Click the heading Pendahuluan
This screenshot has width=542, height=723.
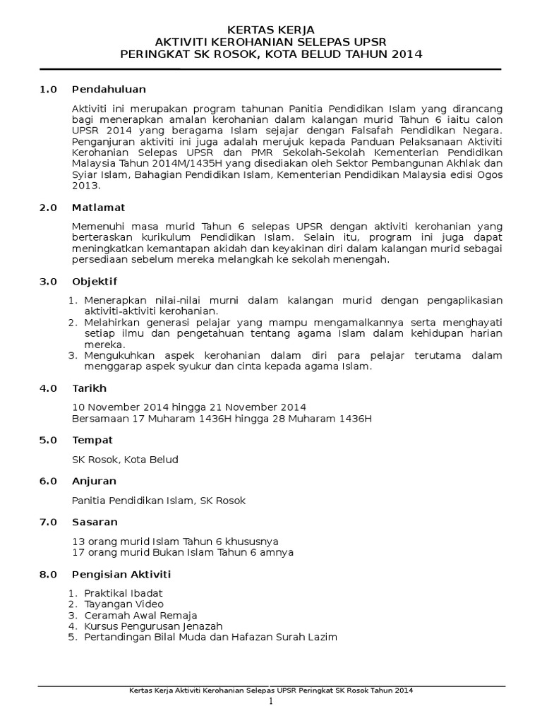tap(109, 89)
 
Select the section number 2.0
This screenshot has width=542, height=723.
tap(48, 208)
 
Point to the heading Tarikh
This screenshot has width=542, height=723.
tap(90, 388)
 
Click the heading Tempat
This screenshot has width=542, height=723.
tap(92, 439)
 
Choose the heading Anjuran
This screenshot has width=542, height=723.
tap(95, 480)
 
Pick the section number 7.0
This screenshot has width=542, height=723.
tap(48, 522)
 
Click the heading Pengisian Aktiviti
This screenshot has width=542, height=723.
tap(121, 574)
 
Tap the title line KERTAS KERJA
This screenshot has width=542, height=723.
tap(271, 29)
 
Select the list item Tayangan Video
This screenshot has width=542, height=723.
tap(124, 604)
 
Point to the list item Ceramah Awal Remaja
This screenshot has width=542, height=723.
tap(140, 615)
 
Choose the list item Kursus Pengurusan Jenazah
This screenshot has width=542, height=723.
tap(153, 626)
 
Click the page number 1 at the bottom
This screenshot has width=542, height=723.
tap(270, 703)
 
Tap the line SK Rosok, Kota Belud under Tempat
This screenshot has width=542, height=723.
tap(126, 460)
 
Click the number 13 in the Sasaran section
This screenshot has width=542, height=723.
tap(78, 542)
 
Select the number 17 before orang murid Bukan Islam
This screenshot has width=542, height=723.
tap(78, 552)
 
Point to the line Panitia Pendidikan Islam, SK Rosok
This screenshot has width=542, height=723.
tap(159, 501)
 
